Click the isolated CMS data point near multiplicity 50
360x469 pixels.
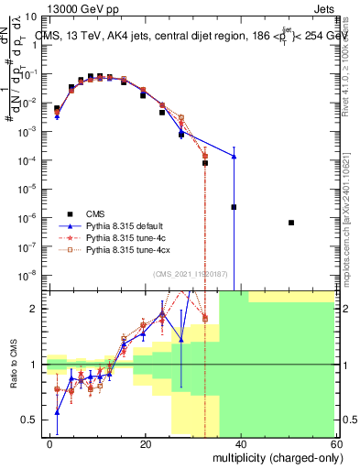pyautogui.click(x=290, y=223)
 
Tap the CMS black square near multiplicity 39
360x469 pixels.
pyautogui.click(x=235, y=207)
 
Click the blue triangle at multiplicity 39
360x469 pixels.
pyautogui.click(x=235, y=157)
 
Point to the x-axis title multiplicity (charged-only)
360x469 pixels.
pyautogui.click(x=280, y=457)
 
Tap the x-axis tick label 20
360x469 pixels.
pyautogui.click(x=145, y=443)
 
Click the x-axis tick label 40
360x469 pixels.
pyautogui.click(x=240, y=443)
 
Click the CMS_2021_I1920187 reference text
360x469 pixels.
pyautogui.click(x=191, y=275)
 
